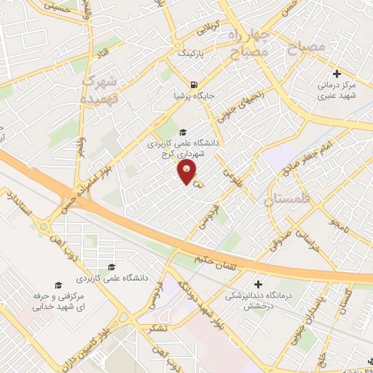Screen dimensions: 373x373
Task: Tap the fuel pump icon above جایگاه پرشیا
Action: [x=193, y=84]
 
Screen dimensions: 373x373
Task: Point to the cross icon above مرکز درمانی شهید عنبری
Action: [x=337, y=74]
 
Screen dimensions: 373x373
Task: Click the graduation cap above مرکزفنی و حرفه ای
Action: [x=58, y=285]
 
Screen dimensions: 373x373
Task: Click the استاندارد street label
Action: [x=20, y=206]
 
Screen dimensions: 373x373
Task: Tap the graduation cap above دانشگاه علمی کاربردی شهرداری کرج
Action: [x=182, y=132]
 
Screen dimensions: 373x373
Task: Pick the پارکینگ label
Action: [x=193, y=54]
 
